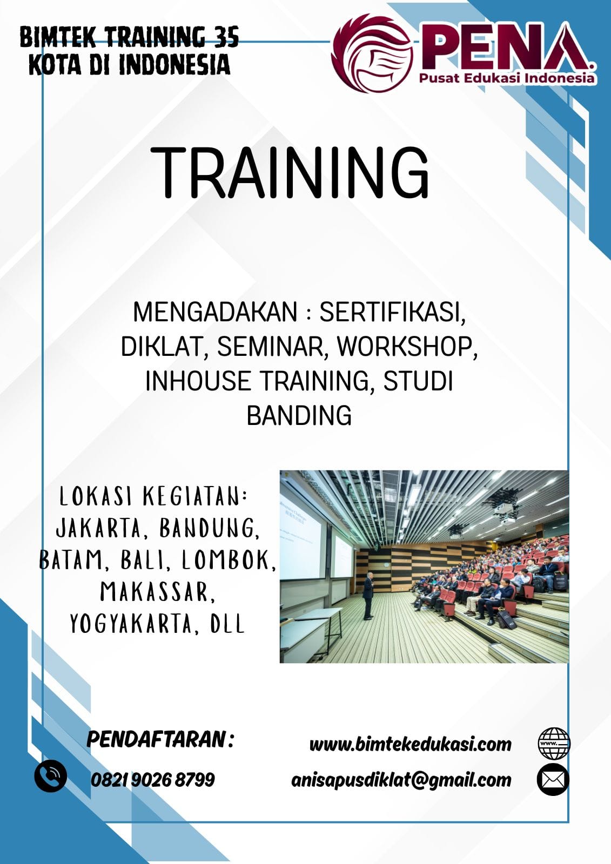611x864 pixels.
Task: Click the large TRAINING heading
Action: pos(290,173)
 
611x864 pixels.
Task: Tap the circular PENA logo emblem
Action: pos(372,53)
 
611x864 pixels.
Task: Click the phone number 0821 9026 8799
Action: pos(153,780)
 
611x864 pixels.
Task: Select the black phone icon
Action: pos(51,776)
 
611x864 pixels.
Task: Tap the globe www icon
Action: pos(554,743)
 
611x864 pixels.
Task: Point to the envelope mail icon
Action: pos(553,779)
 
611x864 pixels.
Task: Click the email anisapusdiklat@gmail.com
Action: pos(401,780)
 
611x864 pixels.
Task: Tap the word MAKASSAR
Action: pos(157,592)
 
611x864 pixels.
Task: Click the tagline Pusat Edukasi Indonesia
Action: pos(507,79)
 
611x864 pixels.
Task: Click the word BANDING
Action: pos(299,415)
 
